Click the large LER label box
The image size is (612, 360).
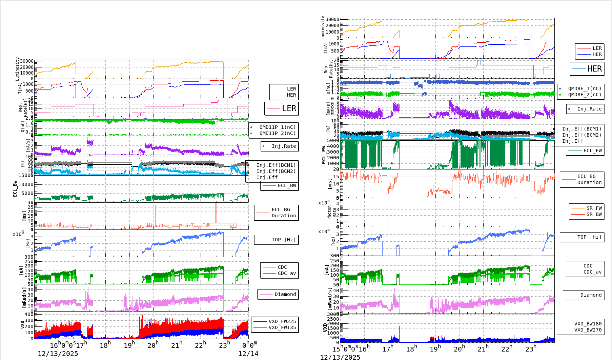[x=282, y=108]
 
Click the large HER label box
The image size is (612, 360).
[x=587, y=69]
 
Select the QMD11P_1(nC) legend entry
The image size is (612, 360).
[x=277, y=127]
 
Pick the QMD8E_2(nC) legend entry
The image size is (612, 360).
[x=585, y=95]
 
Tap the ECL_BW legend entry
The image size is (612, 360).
[x=287, y=185]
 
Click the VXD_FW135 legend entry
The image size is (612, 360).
[x=282, y=327]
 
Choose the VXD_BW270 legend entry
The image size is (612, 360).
[x=588, y=330]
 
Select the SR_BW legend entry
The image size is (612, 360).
[x=594, y=214]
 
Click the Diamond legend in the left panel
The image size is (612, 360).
[x=285, y=294]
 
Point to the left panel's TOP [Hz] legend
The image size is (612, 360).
[x=283, y=240]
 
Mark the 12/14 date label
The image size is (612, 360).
[x=248, y=354]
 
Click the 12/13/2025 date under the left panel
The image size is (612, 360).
[x=58, y=354]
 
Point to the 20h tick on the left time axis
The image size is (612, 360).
[x=153, y=345]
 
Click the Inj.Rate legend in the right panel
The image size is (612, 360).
[x=589, y=109]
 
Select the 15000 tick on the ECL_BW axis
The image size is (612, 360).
[x=26, y=175]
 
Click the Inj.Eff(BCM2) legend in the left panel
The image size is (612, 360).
[x=276, y=171]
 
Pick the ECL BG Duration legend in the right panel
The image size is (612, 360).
[x=589, y=179]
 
